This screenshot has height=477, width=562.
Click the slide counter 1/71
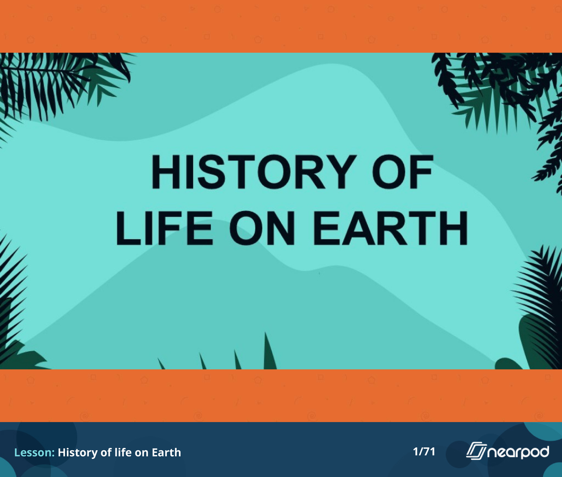point(424,452)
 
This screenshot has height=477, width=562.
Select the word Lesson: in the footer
point(35,453)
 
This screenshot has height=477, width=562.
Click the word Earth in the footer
point(166,453)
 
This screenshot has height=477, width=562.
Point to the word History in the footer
point(78,453)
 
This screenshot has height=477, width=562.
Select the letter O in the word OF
point(390,172)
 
